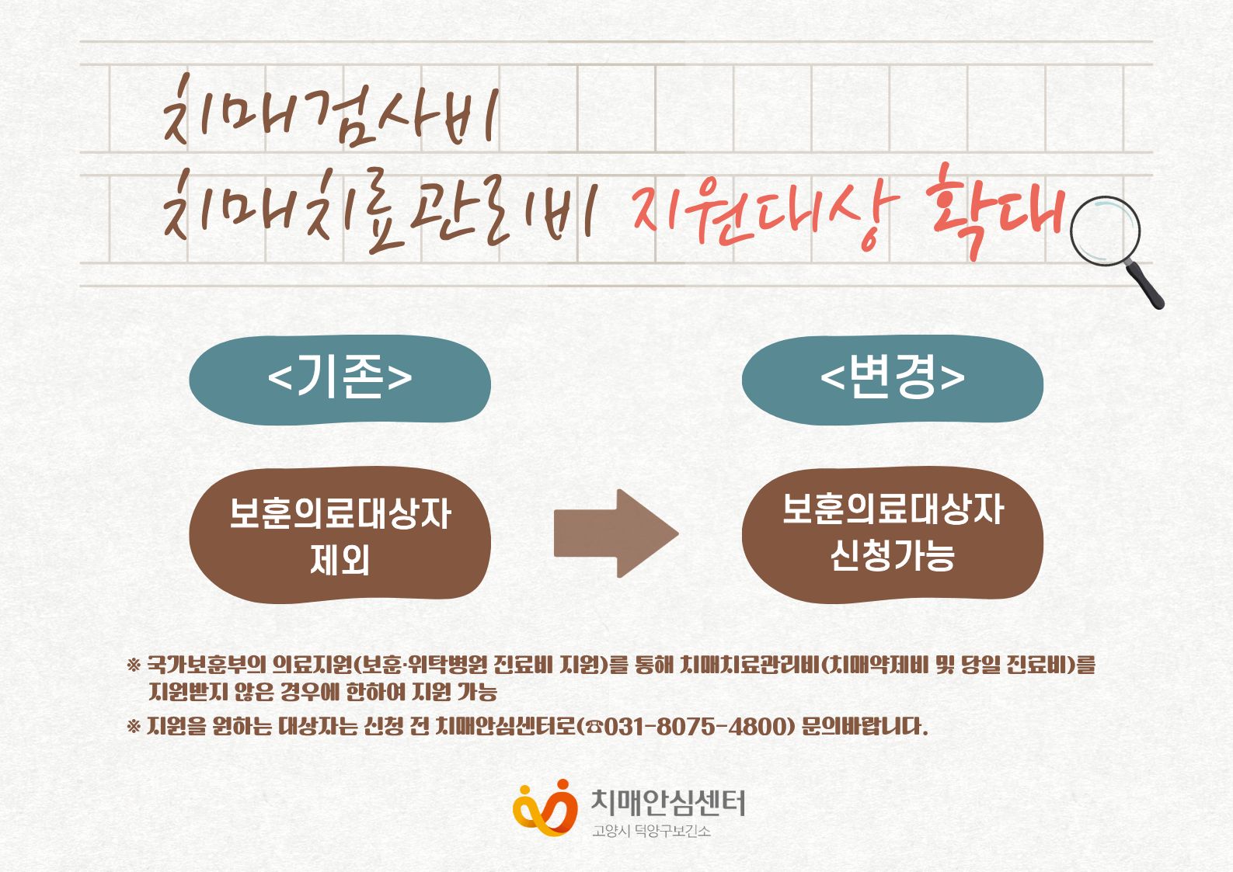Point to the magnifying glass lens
[1105, 231]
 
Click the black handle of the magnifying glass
[1146, 284]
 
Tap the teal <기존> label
[340, 380]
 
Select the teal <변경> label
[892, 380]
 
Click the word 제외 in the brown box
[340, 560]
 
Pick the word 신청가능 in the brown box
[892, 555]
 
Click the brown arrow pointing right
[616, 533]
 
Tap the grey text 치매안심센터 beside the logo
[667, 803]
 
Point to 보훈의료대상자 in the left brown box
[340, 513]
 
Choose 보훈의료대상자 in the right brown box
[892, 509]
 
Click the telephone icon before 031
[594, 728]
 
